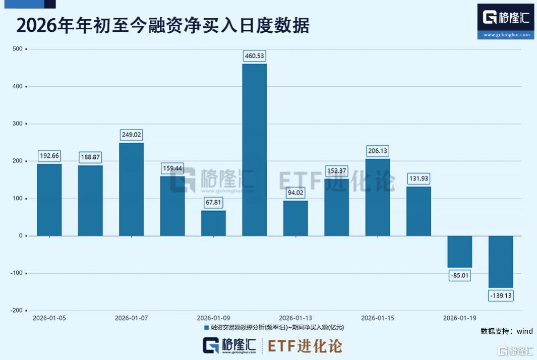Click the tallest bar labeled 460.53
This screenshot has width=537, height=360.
(254, 150)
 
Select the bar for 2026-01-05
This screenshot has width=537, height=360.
(49, 200)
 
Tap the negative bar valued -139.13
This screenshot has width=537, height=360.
(501, 261)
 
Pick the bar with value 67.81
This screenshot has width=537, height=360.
(213, 223)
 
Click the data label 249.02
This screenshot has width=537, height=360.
(131, 135)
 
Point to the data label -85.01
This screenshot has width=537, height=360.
(460, 276)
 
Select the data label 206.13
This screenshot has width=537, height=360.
(378, 151)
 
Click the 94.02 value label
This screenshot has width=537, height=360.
(295, 191)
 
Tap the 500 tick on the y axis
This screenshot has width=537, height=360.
(18, 49)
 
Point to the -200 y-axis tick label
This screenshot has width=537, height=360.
(17, 311)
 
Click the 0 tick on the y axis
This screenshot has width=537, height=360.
(21, 236)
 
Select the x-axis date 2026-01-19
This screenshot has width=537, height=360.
(460, 318)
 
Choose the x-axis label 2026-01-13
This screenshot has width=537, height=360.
(295, 318)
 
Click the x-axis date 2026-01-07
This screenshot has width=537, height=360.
(131, 318)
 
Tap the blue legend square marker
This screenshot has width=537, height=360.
(206, 328)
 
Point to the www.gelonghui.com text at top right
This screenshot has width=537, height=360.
(506, 35)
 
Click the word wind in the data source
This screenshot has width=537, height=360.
(524, 331)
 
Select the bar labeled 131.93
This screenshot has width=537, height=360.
(419, 211)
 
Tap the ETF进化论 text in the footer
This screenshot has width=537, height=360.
(305, 346)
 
